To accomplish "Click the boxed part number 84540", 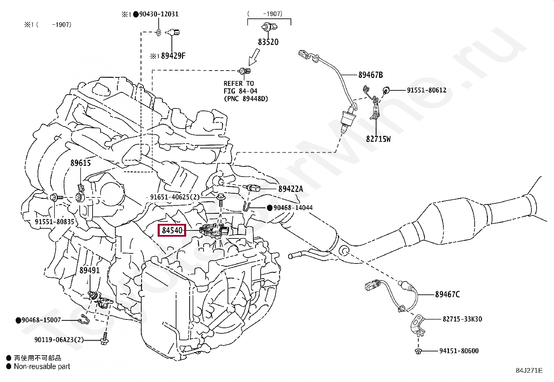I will [172, 230].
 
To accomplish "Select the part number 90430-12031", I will [159, 14].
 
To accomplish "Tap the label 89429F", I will [173, 56].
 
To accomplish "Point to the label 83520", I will [268, 42].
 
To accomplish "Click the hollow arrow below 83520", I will [254, 57].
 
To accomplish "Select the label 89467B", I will [370, 75].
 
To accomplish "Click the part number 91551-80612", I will [426, 90].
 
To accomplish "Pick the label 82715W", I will [378, 139].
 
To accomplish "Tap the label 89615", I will [80, 163].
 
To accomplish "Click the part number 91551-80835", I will [55, 221].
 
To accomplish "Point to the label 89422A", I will [291, 189].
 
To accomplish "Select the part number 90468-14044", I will [293, 208].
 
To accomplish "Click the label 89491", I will [89, 270].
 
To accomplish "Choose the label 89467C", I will [447, 294].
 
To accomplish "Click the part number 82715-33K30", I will [462, 319].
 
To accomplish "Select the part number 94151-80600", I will [459, 351].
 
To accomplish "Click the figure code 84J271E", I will [529, 371].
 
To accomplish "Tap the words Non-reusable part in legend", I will [42, 366].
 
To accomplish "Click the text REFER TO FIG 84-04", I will [240, 87].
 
